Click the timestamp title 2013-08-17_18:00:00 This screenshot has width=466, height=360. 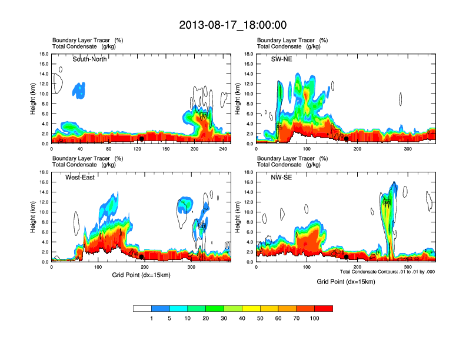pos(233,25)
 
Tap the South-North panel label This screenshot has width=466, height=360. pos(89,59)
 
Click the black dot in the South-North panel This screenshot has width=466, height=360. pos(141,139)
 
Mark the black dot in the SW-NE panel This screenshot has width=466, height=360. pos(347,139)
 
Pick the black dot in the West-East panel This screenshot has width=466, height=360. pos(141,257)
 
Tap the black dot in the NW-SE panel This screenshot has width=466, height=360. pos(347,257)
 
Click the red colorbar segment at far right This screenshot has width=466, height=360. pos(324,308)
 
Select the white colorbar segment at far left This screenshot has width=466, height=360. pos(142,308)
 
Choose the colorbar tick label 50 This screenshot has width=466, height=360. pos(260,318)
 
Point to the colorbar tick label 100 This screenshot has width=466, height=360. pos(315,318)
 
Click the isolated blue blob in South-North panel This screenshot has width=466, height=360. pos(78,90)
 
